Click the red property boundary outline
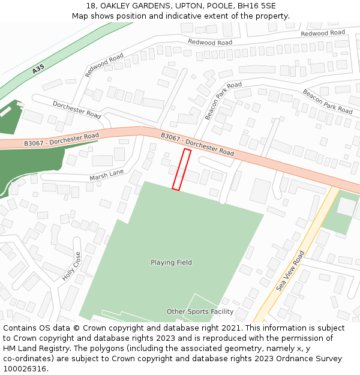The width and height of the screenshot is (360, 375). click(x=182, y=170)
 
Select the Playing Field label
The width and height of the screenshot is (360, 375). click(x=171, y=262)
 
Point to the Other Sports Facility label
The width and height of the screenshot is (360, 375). click(x=200, y=311)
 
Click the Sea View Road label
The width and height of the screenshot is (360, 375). click(x=291, y=271)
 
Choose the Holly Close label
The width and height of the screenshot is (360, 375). click(x=71, y=266)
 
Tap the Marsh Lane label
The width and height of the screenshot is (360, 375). click(x=106, y=175)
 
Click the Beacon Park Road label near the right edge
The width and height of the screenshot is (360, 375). click(x=328, y=101)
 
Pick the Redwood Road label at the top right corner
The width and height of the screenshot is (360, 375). click(x=323, y=33)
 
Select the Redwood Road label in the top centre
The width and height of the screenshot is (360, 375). click(x=210, y=43)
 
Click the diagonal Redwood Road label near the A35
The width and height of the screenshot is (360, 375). click(x=104, y=65)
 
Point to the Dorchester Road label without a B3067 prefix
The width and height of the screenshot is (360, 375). click(x=77, y=109)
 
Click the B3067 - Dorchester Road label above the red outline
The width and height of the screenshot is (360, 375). click(x=197, y=144)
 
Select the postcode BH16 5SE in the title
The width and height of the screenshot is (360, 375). click(x=256, y=6)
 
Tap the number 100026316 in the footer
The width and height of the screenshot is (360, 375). click(x=25, y=368)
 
